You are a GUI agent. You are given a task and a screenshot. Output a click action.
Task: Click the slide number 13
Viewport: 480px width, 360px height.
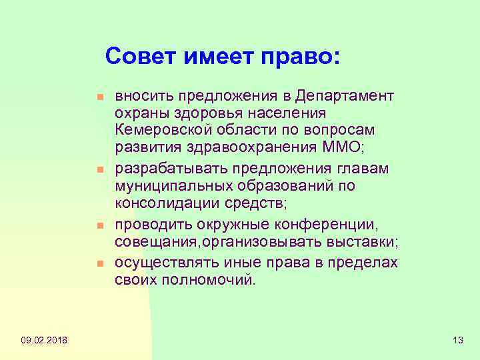[x=457, y=341]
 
